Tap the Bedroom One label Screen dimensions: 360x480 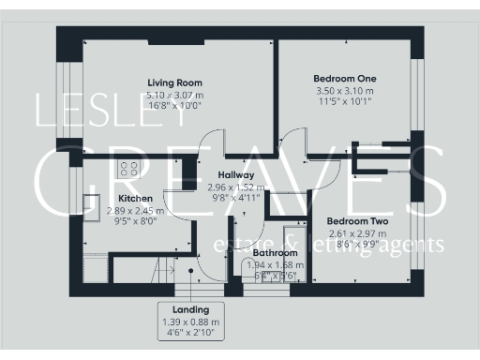click(346, 78)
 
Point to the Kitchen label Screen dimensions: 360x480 click(135, 199)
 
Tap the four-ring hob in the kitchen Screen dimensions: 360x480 click(130, 170)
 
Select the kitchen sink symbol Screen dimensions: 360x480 click(92, 205)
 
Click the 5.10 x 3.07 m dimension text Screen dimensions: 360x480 click(174, 94)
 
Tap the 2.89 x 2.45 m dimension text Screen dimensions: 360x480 click(135, 211)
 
